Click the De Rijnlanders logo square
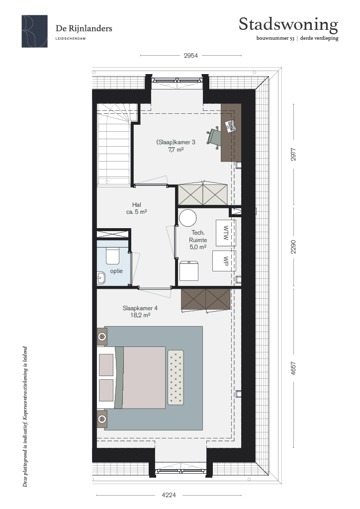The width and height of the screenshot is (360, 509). pos(35,31)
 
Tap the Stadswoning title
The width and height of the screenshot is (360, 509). pos(288,25)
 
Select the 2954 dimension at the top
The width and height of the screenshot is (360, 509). pos(190,56)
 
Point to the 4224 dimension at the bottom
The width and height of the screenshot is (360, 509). pos(169,495)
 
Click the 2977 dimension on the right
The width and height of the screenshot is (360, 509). pos(293,154)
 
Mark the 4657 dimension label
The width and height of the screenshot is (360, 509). pos(293,368)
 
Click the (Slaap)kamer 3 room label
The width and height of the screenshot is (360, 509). pos(176,146)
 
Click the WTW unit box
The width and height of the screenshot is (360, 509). pos(226,233)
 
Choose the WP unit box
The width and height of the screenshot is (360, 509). pos(224,260)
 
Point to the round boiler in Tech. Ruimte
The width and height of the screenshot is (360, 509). pos(188,218)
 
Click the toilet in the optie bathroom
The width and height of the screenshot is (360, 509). pos(113,256)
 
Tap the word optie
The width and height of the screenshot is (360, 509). pos(116,271)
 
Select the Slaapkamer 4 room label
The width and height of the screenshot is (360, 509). pos(140,312)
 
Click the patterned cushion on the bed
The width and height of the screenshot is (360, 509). pos(176,377)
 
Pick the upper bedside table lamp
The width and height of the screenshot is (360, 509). pos(102,337)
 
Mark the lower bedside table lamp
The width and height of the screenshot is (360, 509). pos(102,419)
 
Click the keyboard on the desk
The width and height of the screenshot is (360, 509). pos(230,126)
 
